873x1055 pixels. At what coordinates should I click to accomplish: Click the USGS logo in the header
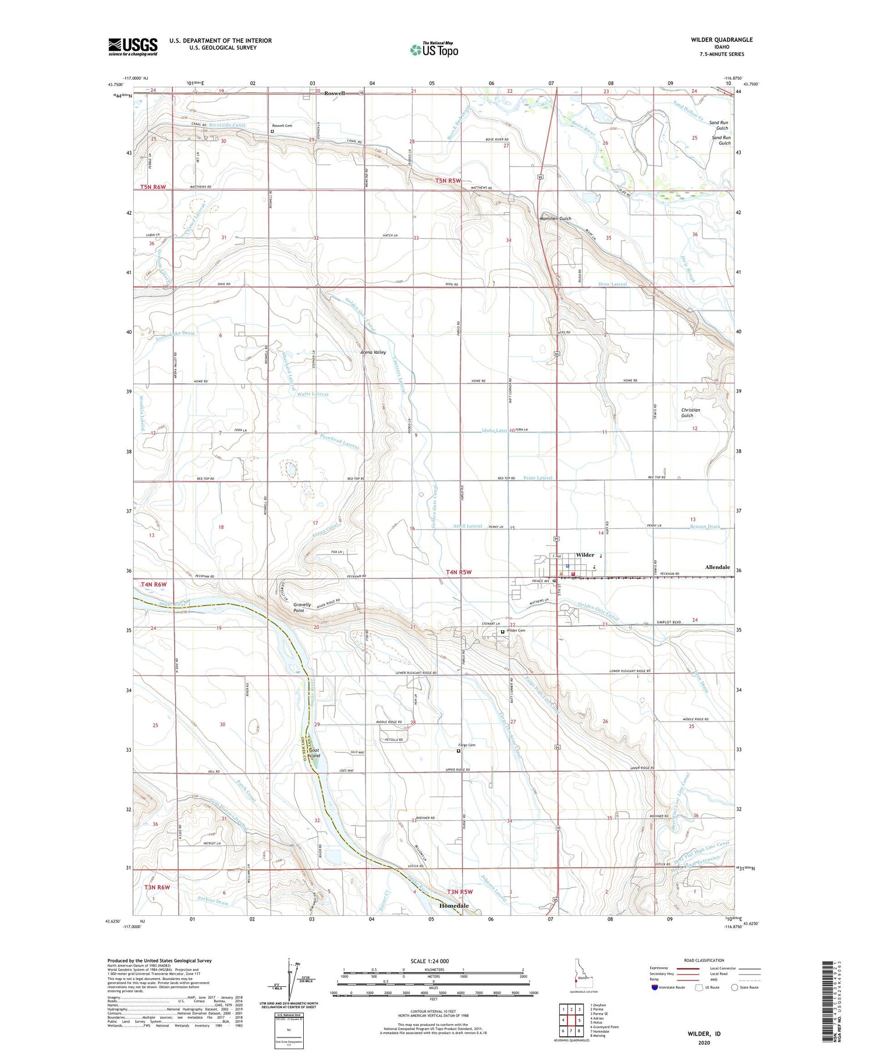click(x=133, y=47)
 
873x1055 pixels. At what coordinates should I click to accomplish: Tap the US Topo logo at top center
click(x=434, y=49)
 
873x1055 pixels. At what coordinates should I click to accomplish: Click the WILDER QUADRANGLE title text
click(x=722, y=40)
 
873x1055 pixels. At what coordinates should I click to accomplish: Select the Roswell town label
click(x=335, y=93)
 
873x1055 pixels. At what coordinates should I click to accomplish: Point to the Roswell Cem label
click(x=282, y=125)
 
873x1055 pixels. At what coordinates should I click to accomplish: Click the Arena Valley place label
click(x=373, y=353)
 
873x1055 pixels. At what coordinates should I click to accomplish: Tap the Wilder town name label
click(x=585, y=555)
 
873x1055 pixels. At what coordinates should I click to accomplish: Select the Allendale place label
click(x=717, y=567)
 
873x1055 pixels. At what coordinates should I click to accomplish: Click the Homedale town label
click(x=453, y=906)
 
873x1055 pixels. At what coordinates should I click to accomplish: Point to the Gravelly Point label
click(x=299, y=608)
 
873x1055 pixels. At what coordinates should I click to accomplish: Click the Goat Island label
click(x=314, y=753)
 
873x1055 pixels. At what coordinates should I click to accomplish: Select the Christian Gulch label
click(x=690, y=413)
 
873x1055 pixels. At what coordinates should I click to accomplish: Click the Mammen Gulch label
click(x=556, y=219)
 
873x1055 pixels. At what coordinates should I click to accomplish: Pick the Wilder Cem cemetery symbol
click(x=503, y=631)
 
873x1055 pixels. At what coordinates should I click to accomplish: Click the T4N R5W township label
click(x=457, y=572)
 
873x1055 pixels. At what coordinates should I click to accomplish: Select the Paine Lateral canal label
click(x=537, y=478)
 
